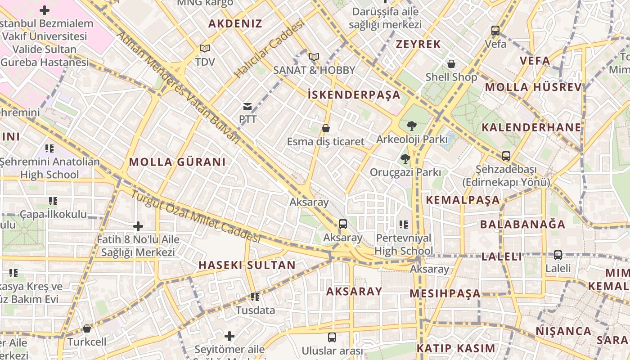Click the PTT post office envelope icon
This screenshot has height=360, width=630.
pos(247,107)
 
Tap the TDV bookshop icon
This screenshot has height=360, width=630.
pos(205,48)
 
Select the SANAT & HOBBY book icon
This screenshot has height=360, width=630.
pos(314,57)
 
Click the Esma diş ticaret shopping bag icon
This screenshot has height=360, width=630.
pos(326,128)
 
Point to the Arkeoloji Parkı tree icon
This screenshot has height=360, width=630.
pos(411,126)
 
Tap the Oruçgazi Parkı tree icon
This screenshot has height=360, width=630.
pos(405,158)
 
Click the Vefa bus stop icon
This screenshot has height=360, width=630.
pos(495,31)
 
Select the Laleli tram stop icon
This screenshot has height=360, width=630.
pos(558,255)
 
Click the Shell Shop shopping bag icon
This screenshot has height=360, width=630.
pos(451,64)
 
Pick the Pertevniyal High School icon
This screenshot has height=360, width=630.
pos(404,224)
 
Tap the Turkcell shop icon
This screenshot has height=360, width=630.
pos(87,328)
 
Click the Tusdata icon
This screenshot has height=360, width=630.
pos(255,297)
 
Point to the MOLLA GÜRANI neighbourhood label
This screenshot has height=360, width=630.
pos(177,162)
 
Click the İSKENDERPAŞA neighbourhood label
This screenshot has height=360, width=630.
pos(354,94)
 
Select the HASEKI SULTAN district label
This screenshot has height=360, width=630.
pos(247,265)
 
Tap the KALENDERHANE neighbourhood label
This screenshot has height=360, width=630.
pos(531,127)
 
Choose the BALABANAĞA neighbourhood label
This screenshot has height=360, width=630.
pos(522,224)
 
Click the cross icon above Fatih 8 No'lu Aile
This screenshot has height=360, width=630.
pos(138,226)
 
